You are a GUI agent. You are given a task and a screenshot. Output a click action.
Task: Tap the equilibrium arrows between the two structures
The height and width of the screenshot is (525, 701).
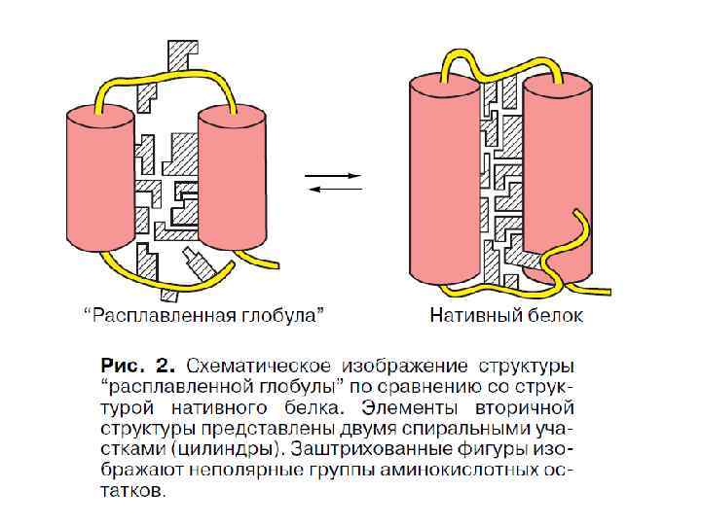point(334,182)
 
